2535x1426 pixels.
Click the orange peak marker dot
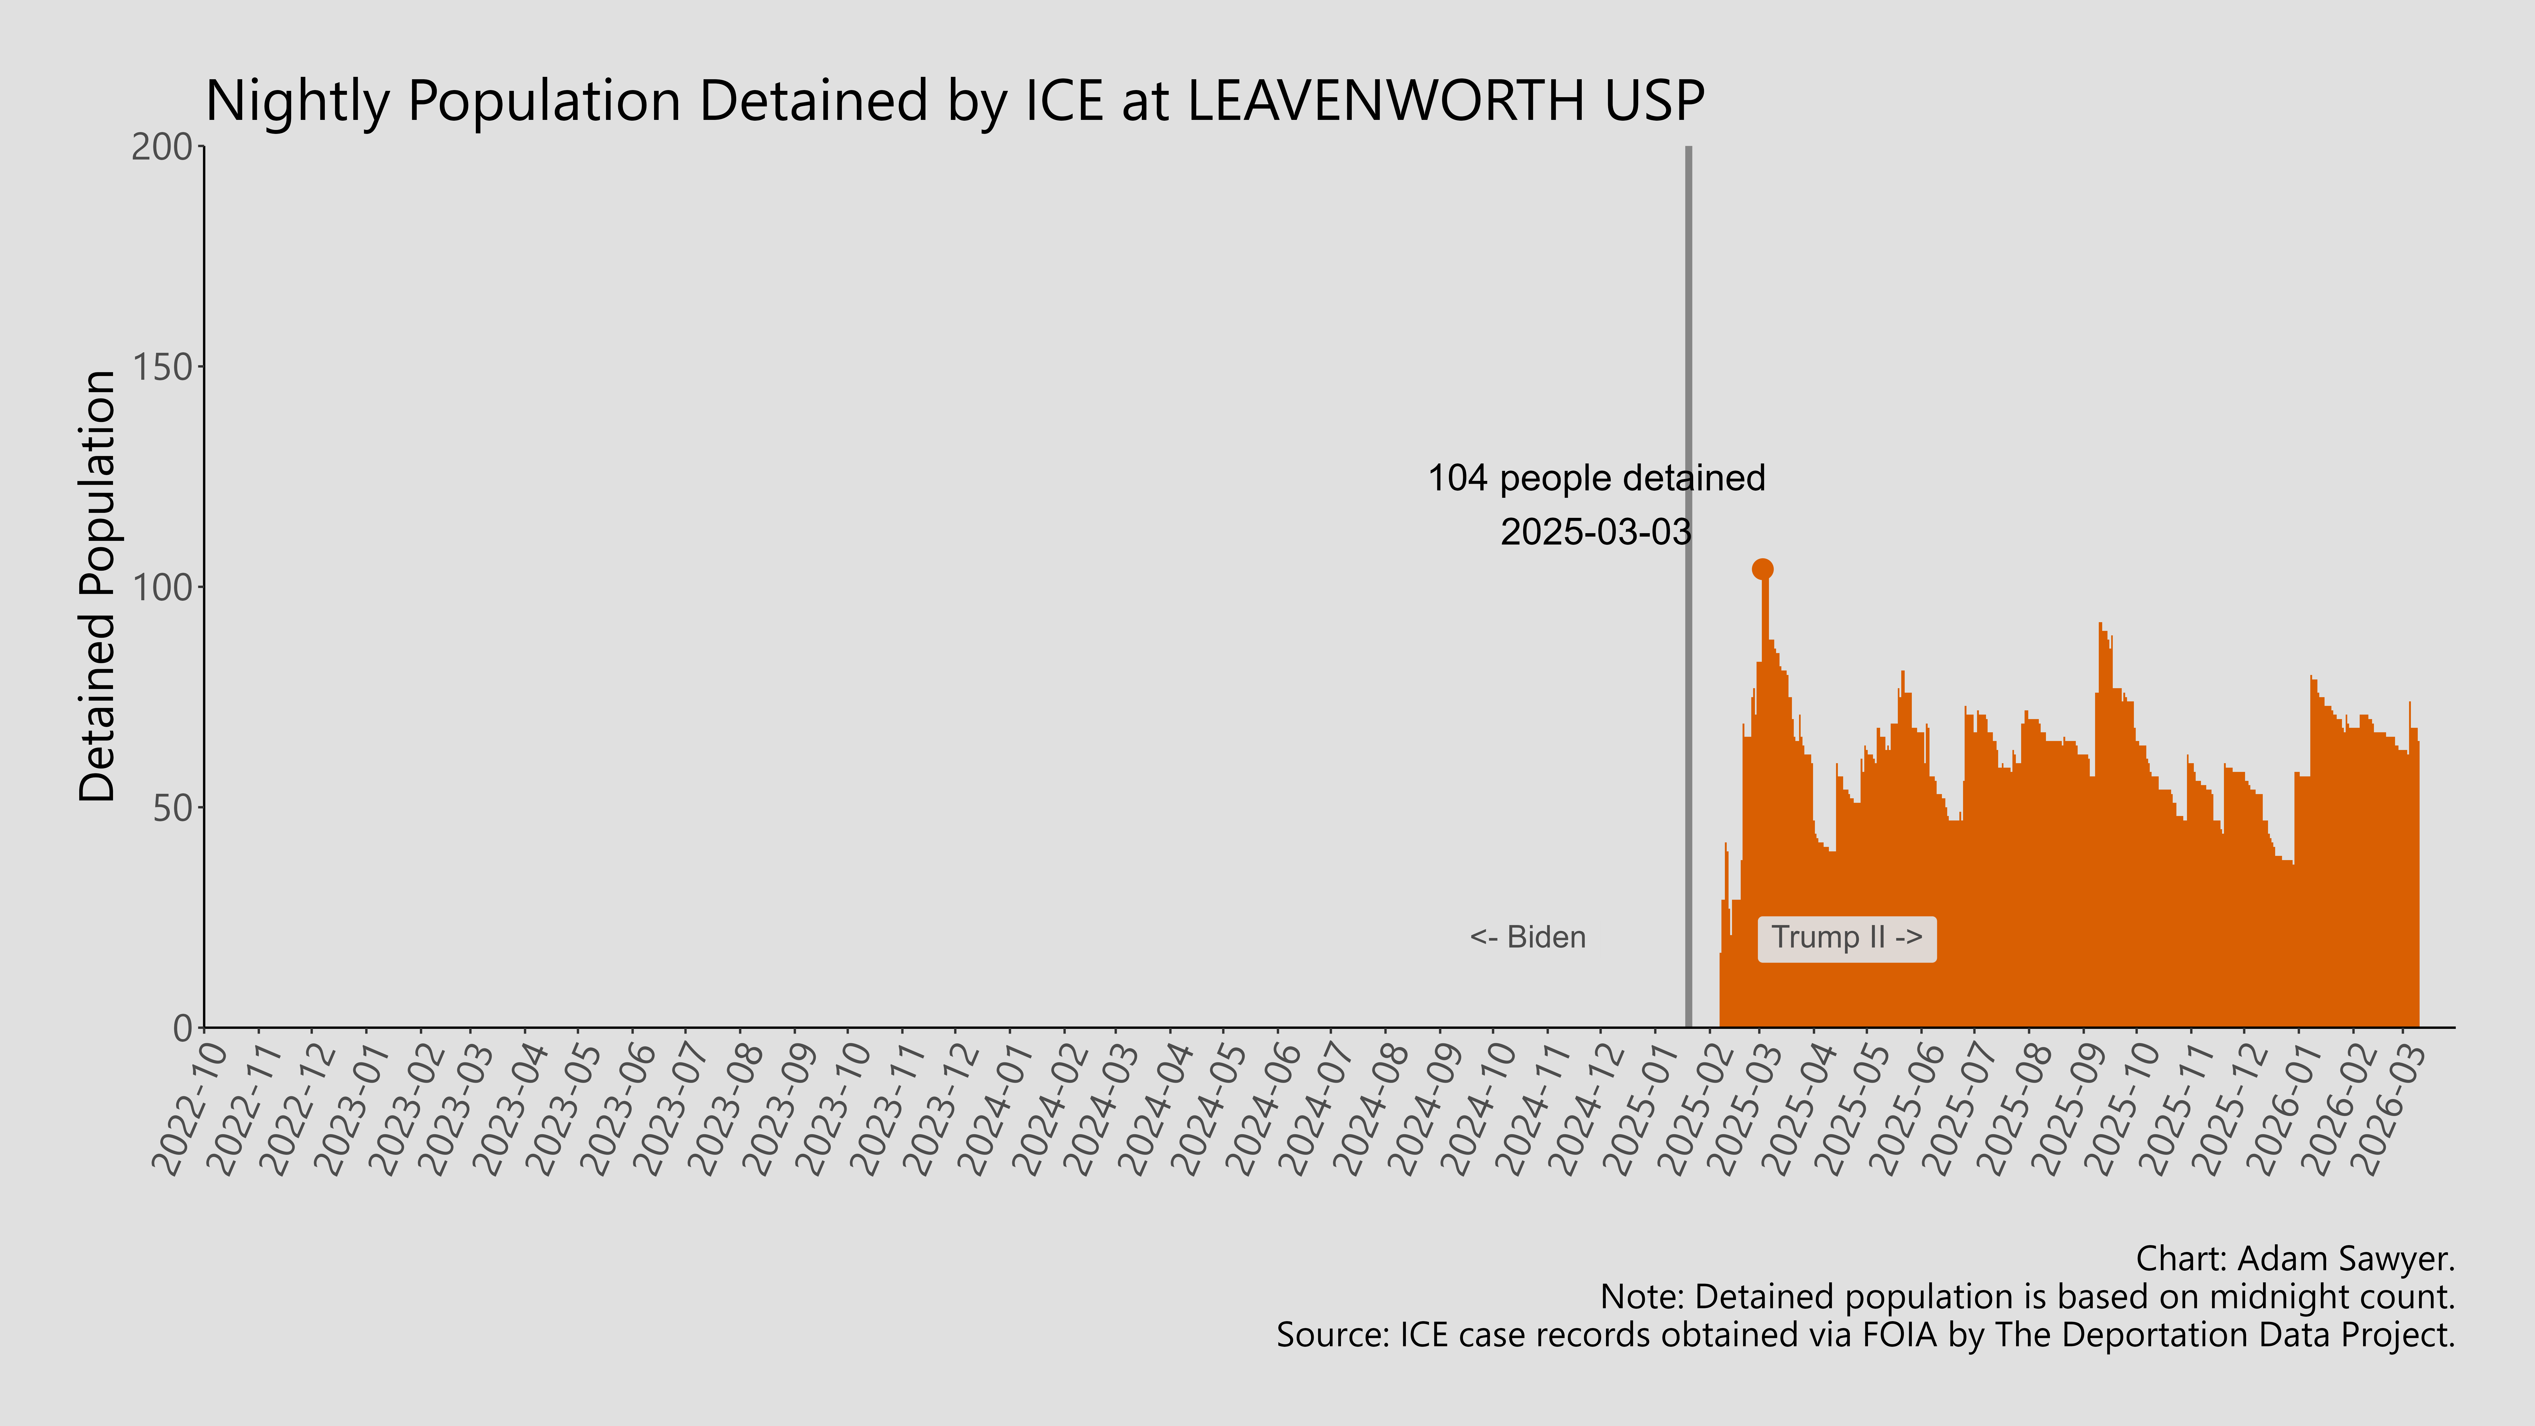pos(1763,569)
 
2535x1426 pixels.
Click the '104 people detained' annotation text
pos(1596,478)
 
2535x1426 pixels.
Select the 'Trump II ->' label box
pos(1846,938)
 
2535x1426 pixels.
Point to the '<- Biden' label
pos(1527,938)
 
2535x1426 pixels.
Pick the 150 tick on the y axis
pos(162,367)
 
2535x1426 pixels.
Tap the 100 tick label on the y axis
pos(162,588)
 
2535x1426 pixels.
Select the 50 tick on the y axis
pos(172,808)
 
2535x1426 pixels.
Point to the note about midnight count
pos(2027,1297)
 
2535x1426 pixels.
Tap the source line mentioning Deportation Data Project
pos(1865,1335)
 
